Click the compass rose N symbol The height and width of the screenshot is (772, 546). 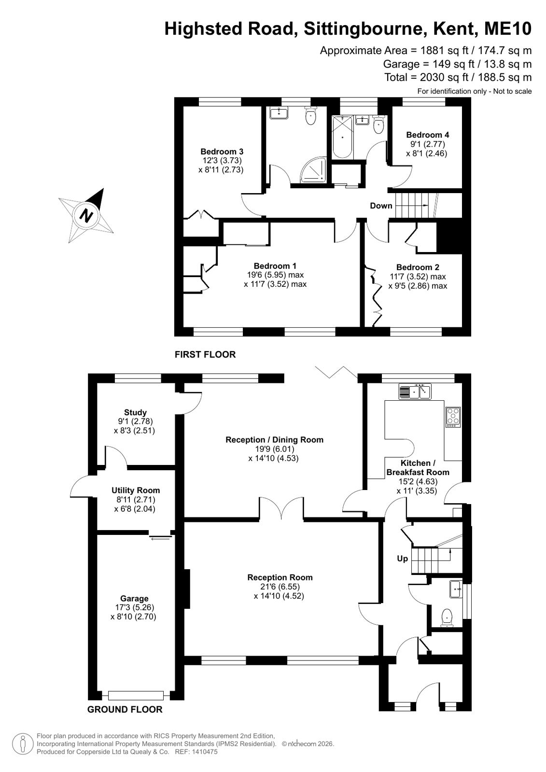(x=86, y=216)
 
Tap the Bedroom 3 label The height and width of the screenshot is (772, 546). (x=222, y=152)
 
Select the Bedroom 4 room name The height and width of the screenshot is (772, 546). (x=427, y=135)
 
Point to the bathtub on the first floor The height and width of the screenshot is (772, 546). (x=342, y=137)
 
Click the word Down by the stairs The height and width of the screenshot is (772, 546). (x=381, y=206)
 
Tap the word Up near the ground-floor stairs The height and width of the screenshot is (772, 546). (x=402, y=559)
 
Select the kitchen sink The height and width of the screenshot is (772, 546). (x=415, y=392)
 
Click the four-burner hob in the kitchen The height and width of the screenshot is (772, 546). (x=453, y=417)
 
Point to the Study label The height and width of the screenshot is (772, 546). (x=136, y=412)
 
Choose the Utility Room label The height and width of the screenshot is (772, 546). (x=136, y=490)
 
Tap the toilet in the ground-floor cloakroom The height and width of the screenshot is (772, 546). (x=447, y=618)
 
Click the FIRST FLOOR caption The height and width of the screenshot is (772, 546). (x=205, y=354)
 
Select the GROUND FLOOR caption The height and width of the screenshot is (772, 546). (x=125, y=709)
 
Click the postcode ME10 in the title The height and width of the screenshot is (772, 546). (x=507, y=28)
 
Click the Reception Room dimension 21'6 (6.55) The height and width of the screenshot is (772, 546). (x=279, y=587)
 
